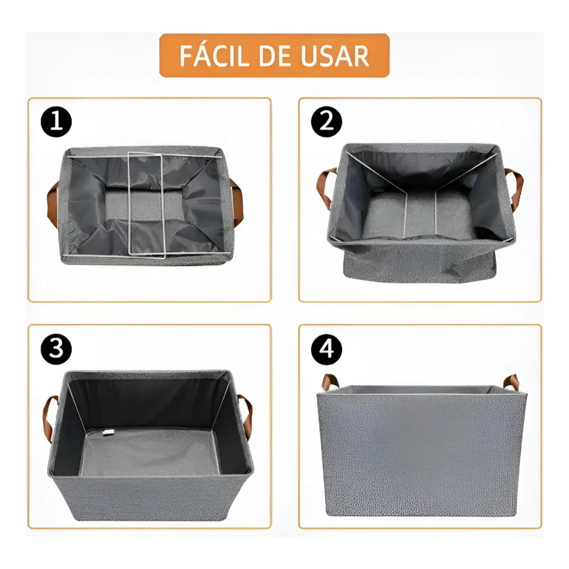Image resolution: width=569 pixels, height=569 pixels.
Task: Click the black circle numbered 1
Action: click(56, 122)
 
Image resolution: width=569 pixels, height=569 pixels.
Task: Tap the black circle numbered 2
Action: click(326, 122)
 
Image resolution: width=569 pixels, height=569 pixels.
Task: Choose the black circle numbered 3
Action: click(56, 348)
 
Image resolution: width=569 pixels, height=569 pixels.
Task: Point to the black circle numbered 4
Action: click(326, 348)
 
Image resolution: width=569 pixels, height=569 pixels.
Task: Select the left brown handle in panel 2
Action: click(324, 187)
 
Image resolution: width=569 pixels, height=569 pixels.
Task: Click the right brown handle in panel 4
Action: click(511, 383)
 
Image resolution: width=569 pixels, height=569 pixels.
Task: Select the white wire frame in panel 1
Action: click(147, 204)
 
